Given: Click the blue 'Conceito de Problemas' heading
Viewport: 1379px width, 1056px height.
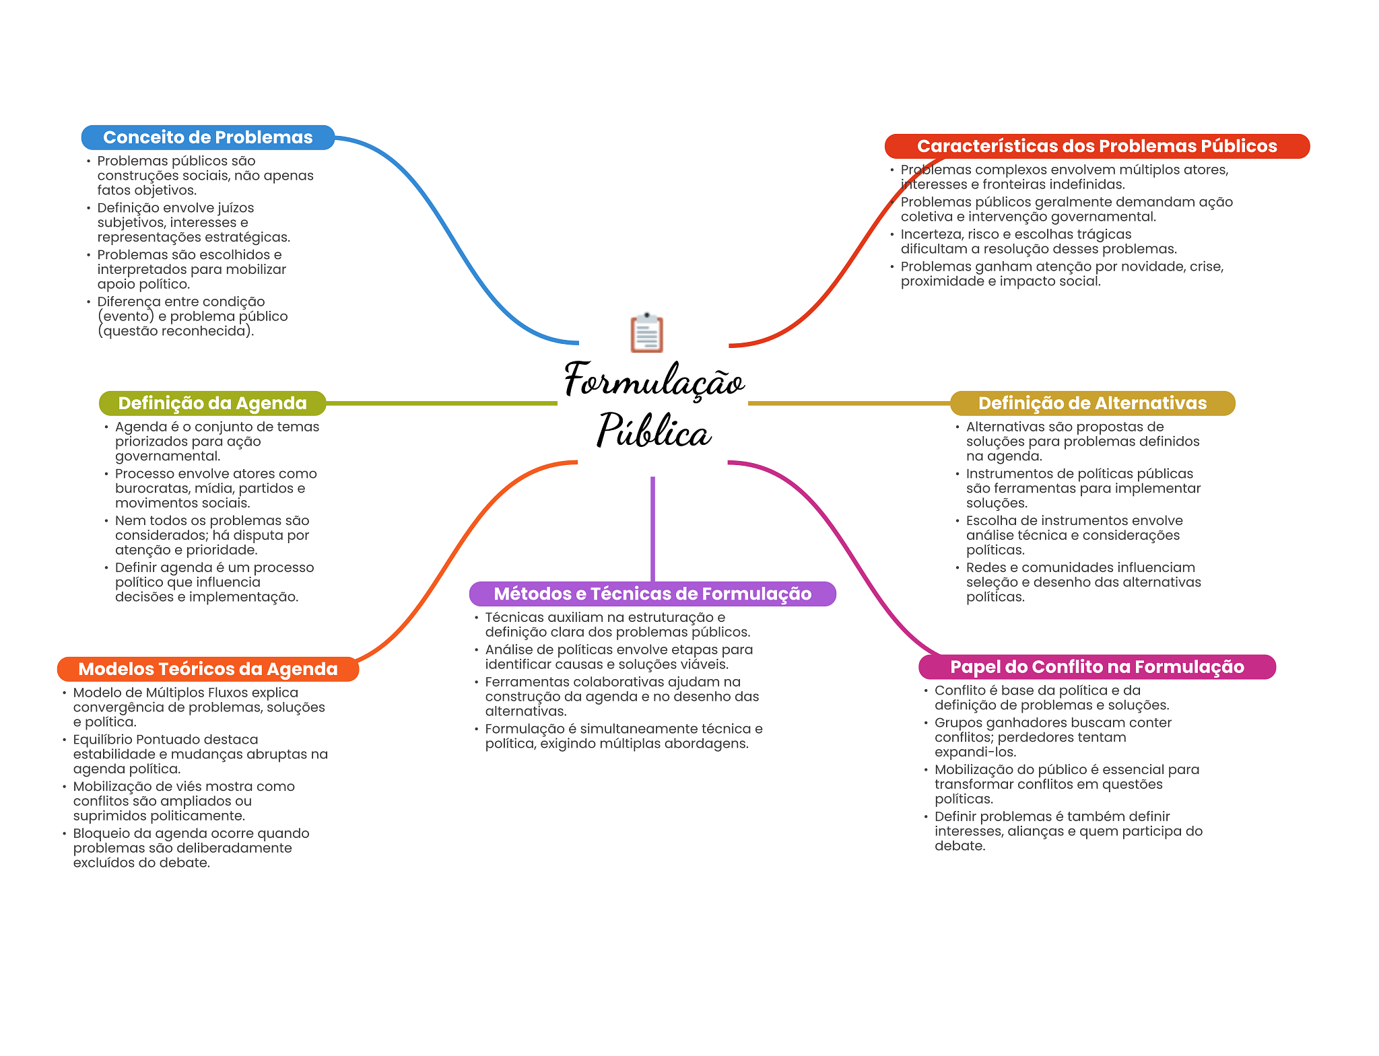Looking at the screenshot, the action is [x=208, y=137].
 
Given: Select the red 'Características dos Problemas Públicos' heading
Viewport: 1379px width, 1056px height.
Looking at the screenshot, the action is [x=1097, y=146].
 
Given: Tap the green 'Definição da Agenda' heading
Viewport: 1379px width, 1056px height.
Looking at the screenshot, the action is [x=213, y=403].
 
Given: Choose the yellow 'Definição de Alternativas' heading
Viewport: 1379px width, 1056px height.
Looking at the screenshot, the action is [x=1092, y=403].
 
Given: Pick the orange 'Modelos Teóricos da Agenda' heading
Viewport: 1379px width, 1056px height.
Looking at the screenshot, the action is [x=208, y=669].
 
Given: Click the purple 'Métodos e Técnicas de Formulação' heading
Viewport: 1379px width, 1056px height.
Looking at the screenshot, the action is [x=652, y=594].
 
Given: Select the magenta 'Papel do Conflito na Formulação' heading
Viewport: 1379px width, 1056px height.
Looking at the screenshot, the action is [x=1097, y=667].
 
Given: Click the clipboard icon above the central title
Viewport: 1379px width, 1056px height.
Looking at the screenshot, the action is [x=646, y=332].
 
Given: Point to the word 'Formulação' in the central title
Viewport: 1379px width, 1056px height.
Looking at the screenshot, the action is [x=654, y=380].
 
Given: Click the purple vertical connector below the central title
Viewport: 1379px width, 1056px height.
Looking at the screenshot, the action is [x=652, y=529].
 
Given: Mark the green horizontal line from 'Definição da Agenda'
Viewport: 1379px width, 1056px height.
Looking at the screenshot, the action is [x=442, y=403].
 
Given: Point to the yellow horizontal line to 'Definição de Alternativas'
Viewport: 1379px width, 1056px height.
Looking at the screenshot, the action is [x=849, y=403].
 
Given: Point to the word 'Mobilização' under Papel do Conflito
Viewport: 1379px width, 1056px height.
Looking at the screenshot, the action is [x=970, y=769].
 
